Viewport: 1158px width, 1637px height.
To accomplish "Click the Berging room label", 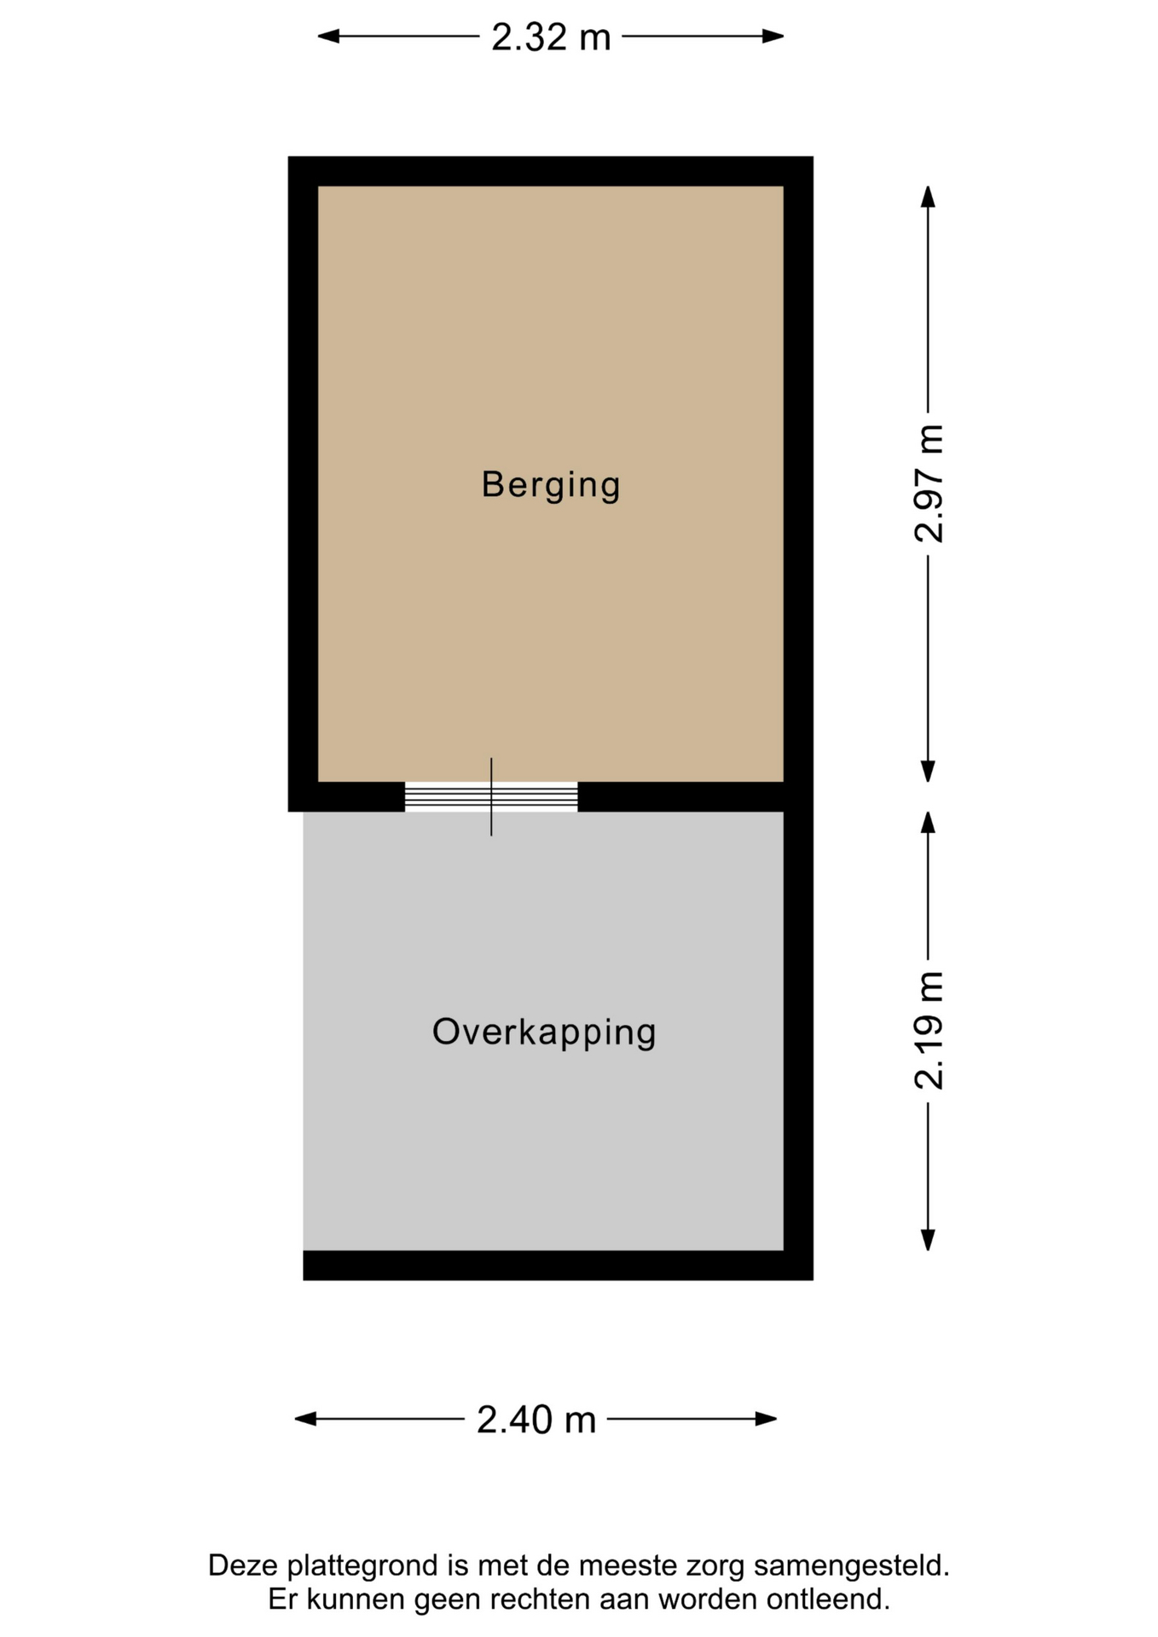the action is pos(551,485).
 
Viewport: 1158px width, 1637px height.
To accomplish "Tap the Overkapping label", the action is pos(544,1033).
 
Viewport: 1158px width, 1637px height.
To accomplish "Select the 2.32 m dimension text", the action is pos(551,37).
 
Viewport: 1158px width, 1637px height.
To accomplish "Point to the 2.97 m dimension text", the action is pos(929,483).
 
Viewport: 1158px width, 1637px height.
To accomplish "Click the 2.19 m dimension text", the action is pos(929,1030).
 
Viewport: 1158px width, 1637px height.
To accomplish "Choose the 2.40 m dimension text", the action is pos(536,1420).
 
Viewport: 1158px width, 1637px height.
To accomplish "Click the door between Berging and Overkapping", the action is pos(491,797).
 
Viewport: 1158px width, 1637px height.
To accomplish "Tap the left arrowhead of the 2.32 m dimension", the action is pos(328,36).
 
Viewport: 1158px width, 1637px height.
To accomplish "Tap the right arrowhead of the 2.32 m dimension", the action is pos(773,36).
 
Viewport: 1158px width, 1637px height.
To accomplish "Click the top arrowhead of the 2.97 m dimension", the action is pos(928,196).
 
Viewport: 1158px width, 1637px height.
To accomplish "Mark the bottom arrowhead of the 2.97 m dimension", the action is pos(928,772).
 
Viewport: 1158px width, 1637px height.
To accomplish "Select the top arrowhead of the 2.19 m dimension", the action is pos(928,822).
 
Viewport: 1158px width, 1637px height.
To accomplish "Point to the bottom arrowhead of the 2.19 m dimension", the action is pos(928,1241).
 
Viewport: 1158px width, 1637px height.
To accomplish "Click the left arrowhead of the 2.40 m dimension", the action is pos(305,1419).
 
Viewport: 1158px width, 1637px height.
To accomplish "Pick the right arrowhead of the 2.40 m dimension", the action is pos(767,1419).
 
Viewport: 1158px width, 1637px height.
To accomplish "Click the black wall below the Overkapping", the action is pos(559,1265).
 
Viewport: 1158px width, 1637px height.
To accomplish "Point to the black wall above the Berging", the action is pos(551,171).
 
